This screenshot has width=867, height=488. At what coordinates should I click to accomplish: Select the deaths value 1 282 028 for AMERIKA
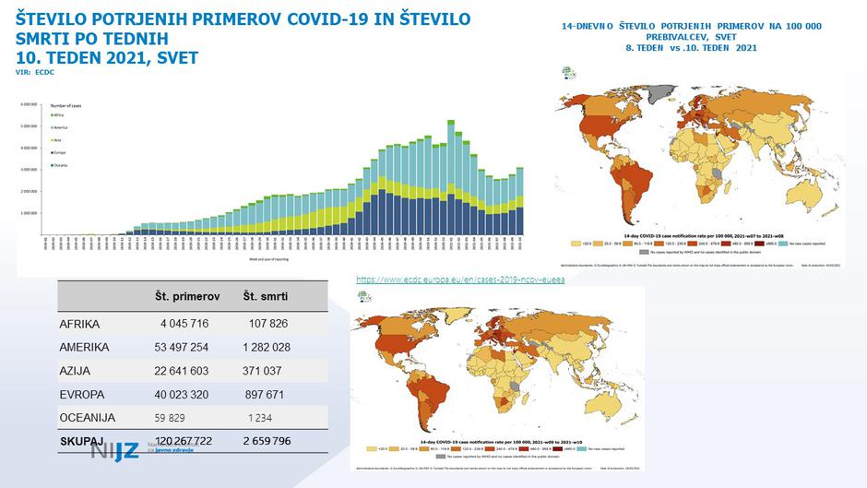pos(267,347)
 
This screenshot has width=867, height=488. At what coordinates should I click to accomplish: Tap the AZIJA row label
pos(79,371)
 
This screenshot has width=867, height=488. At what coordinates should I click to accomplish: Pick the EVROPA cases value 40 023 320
pos(182,394)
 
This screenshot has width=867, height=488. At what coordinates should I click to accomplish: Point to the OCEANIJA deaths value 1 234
pos(259,418)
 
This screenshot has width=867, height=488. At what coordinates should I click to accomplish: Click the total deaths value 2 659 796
pos(267,441)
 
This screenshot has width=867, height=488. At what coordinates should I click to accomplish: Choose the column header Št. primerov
pos(186,296)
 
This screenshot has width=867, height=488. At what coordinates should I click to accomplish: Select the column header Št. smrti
pos(267,296)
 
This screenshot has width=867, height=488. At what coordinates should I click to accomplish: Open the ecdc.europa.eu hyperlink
pos(460,279)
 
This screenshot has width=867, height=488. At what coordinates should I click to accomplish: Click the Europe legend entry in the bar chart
pos(58,152)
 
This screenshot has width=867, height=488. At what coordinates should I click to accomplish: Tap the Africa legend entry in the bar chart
pos(58,114)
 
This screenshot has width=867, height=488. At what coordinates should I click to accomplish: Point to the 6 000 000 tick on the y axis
pos(30,104)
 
